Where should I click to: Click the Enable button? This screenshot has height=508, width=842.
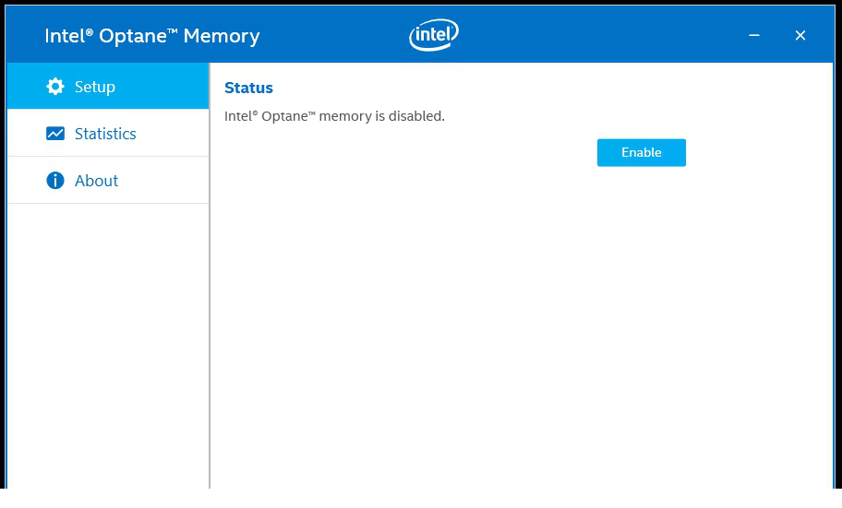(641, 152)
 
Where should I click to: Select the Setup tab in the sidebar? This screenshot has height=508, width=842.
(108, 87)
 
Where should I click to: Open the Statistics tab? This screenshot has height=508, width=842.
(108, 134)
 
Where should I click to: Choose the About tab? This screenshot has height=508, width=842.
(108, 181)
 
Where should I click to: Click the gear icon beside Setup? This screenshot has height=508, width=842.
(55, 87)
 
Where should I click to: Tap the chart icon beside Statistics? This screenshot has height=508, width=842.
(55, 134)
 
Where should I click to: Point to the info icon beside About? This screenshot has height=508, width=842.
(55, 181)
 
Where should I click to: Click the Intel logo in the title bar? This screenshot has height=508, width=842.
(433, 35)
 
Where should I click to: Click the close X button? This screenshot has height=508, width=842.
(800, 35)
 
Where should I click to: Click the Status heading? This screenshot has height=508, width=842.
(248, 89)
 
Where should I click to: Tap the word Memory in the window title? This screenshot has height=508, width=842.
(222, 36)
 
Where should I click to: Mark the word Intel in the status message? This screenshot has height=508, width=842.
(238, 116)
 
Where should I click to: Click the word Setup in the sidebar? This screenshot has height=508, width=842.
(95, 87)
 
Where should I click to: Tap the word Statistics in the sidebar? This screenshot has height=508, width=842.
(105, 134)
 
